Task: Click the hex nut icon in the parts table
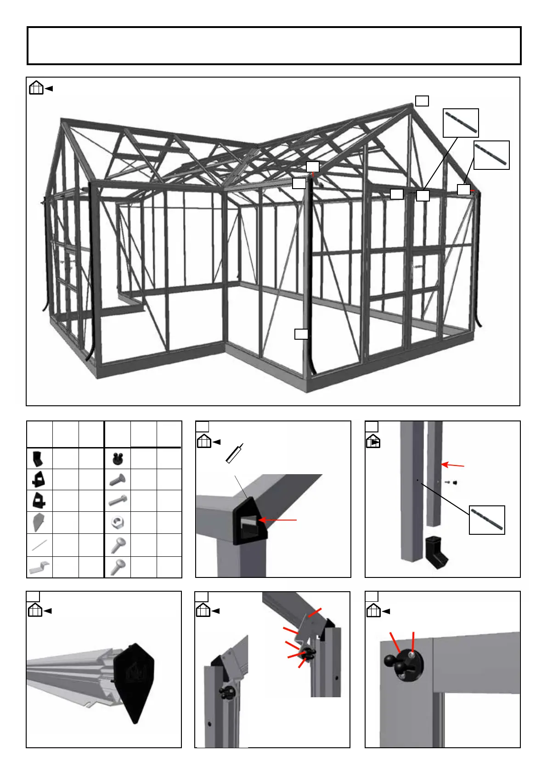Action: pos(118,522)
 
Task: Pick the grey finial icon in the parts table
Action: pos(39,522)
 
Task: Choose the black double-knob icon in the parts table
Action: pos(118,458)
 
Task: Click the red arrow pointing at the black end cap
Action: pos(278,520)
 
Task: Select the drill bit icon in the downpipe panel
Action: pos(487,520)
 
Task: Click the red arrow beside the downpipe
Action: pos(453,465)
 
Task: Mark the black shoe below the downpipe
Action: pos(435,551)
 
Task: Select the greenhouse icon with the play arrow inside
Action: pos(373,442)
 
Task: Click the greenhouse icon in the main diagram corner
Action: pos(36,88)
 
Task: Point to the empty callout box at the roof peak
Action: pos(422,101)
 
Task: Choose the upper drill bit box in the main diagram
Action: pos(461,123)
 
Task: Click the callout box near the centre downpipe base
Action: pos(301,334)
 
